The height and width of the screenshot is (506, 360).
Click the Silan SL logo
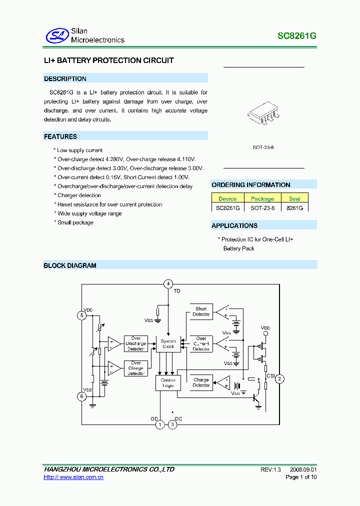56,35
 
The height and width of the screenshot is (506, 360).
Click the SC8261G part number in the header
297,36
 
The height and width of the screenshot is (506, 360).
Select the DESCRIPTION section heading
65,78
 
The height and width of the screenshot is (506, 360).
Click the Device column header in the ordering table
227,198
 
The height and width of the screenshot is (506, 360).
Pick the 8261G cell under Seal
295,207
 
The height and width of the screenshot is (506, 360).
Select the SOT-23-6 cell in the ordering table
262,207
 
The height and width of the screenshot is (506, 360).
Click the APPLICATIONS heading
234,225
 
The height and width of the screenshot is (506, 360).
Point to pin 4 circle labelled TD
168,284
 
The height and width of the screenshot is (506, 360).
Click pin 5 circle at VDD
82,315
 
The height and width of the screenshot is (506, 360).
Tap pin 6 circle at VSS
82,396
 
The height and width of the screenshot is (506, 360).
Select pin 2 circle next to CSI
280,378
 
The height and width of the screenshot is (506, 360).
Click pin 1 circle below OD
159,425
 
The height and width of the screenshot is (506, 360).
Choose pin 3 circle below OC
172,425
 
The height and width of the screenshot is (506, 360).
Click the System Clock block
168,343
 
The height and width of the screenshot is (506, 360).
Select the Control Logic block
168,383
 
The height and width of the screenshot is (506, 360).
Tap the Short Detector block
201,311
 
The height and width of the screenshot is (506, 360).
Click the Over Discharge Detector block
136,343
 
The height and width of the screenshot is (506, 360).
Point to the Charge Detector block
201,382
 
